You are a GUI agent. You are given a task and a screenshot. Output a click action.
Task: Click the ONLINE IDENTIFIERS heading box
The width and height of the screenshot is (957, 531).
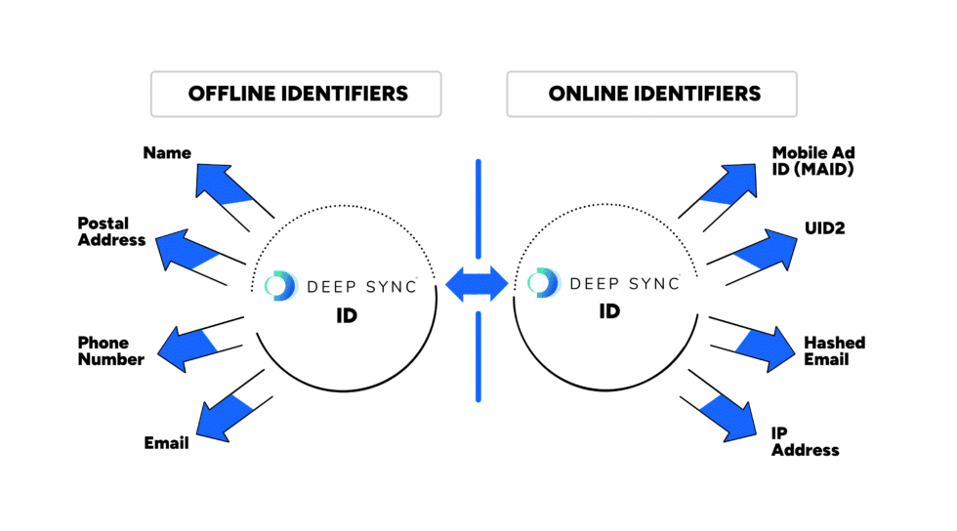point(651,95)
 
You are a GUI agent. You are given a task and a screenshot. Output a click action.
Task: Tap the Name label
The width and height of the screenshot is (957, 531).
point(167,153)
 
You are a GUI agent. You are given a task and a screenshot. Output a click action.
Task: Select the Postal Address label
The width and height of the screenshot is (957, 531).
point(111,231)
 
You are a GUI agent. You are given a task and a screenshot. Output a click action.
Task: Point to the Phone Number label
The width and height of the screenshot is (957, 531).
point(111,351)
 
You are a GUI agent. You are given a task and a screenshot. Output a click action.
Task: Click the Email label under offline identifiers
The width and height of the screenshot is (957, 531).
point(166,443)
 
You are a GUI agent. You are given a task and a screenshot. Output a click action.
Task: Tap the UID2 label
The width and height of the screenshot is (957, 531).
point(825,228)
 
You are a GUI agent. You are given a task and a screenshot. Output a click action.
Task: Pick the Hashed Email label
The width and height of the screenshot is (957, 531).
point(834,350)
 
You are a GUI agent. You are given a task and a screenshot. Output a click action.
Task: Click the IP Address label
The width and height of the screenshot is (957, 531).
point(805,441)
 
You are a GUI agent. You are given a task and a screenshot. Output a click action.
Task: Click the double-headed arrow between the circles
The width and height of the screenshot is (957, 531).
point(478,284)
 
